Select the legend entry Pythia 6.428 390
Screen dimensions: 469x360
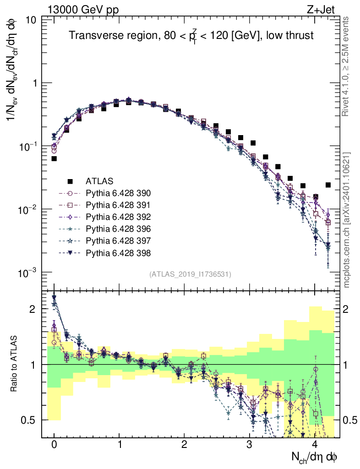[118, 193]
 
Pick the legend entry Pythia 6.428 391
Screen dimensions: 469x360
[118, 205]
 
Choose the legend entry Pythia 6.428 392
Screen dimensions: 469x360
[118, 217]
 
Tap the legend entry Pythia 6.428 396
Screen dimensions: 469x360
[118, 229]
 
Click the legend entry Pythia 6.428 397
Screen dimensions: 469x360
[118, 240]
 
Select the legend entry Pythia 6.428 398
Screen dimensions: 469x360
[118, 252]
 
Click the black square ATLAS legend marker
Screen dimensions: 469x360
[70, 181]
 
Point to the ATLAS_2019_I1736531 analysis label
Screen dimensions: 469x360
[190, 274]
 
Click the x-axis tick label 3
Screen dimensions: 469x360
[249, 445]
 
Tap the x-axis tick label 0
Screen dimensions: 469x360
[54, 445]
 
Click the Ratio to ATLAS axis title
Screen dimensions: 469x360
[15, 365]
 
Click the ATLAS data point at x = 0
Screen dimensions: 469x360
[54, 158]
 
